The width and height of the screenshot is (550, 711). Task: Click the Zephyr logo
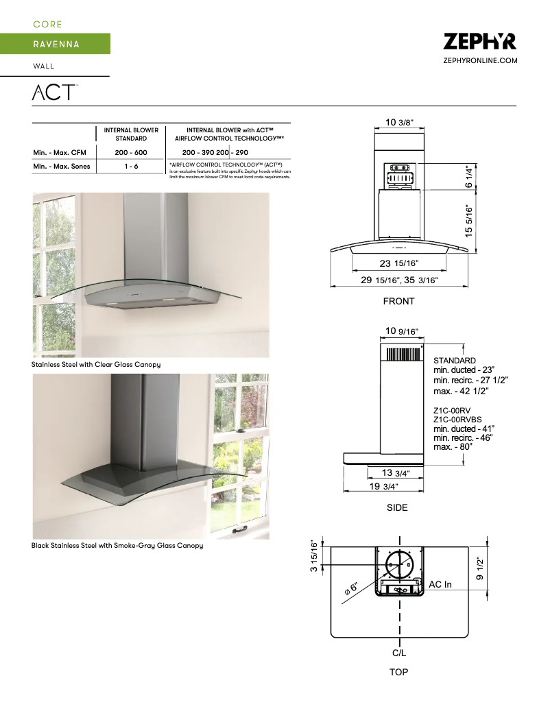479,42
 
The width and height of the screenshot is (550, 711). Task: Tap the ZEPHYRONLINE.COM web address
480,61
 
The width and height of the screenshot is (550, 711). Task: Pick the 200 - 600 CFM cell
130,152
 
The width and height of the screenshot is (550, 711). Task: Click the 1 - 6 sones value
130,167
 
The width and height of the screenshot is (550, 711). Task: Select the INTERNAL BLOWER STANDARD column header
130,134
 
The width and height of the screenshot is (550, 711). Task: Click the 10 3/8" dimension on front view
399,123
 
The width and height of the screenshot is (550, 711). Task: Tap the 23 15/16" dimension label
399,264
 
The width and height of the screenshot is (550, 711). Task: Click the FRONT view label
398,301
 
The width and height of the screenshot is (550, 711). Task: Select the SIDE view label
397,508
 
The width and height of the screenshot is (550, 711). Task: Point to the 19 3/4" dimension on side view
383,486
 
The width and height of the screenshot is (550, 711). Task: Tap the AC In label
440,584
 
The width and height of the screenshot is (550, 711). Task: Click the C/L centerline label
399,653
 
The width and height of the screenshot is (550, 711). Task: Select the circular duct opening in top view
400,566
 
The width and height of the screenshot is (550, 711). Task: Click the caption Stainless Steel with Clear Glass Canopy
96,365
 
